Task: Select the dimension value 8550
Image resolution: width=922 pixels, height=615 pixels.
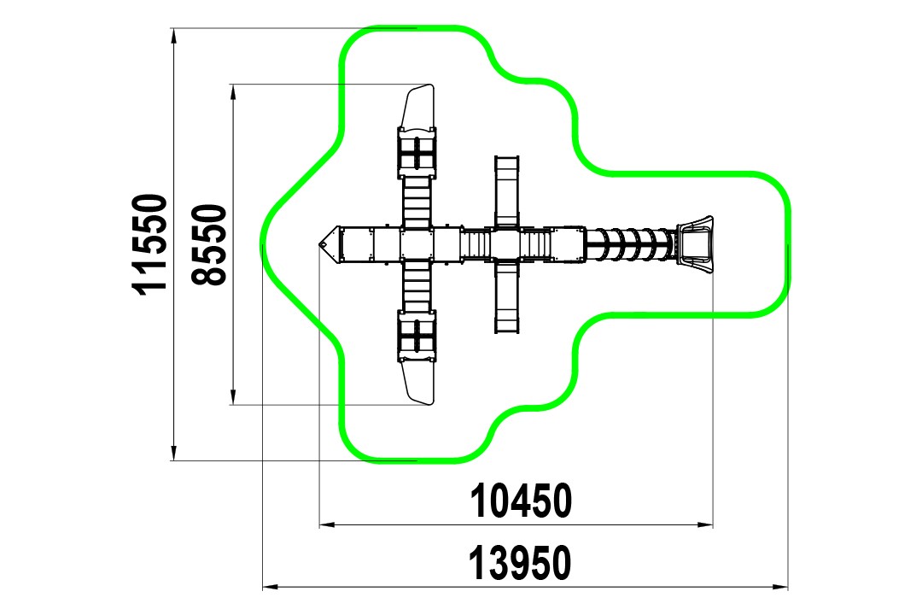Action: coord(210,245)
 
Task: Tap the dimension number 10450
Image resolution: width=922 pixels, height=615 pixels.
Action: coord(521,501)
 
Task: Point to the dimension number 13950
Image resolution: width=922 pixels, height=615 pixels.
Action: coord(520,563)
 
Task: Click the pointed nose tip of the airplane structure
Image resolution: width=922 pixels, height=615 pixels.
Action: coord(320,243)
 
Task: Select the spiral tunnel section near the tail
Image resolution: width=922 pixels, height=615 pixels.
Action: coord(630,244)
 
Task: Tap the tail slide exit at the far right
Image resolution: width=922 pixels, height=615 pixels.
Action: coord(694,243)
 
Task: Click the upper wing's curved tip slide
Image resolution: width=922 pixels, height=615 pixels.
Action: coord(418,106)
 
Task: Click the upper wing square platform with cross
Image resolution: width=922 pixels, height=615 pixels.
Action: coord(417,153)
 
